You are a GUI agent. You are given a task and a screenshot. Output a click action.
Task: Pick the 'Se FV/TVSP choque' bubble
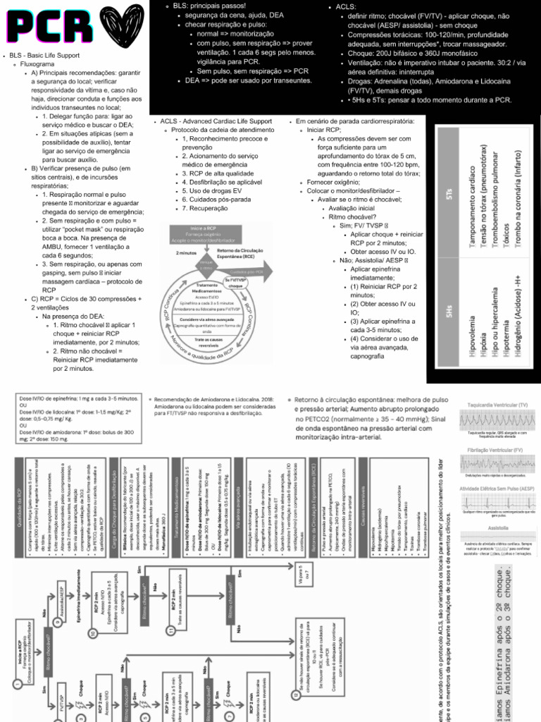coord(235,283)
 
